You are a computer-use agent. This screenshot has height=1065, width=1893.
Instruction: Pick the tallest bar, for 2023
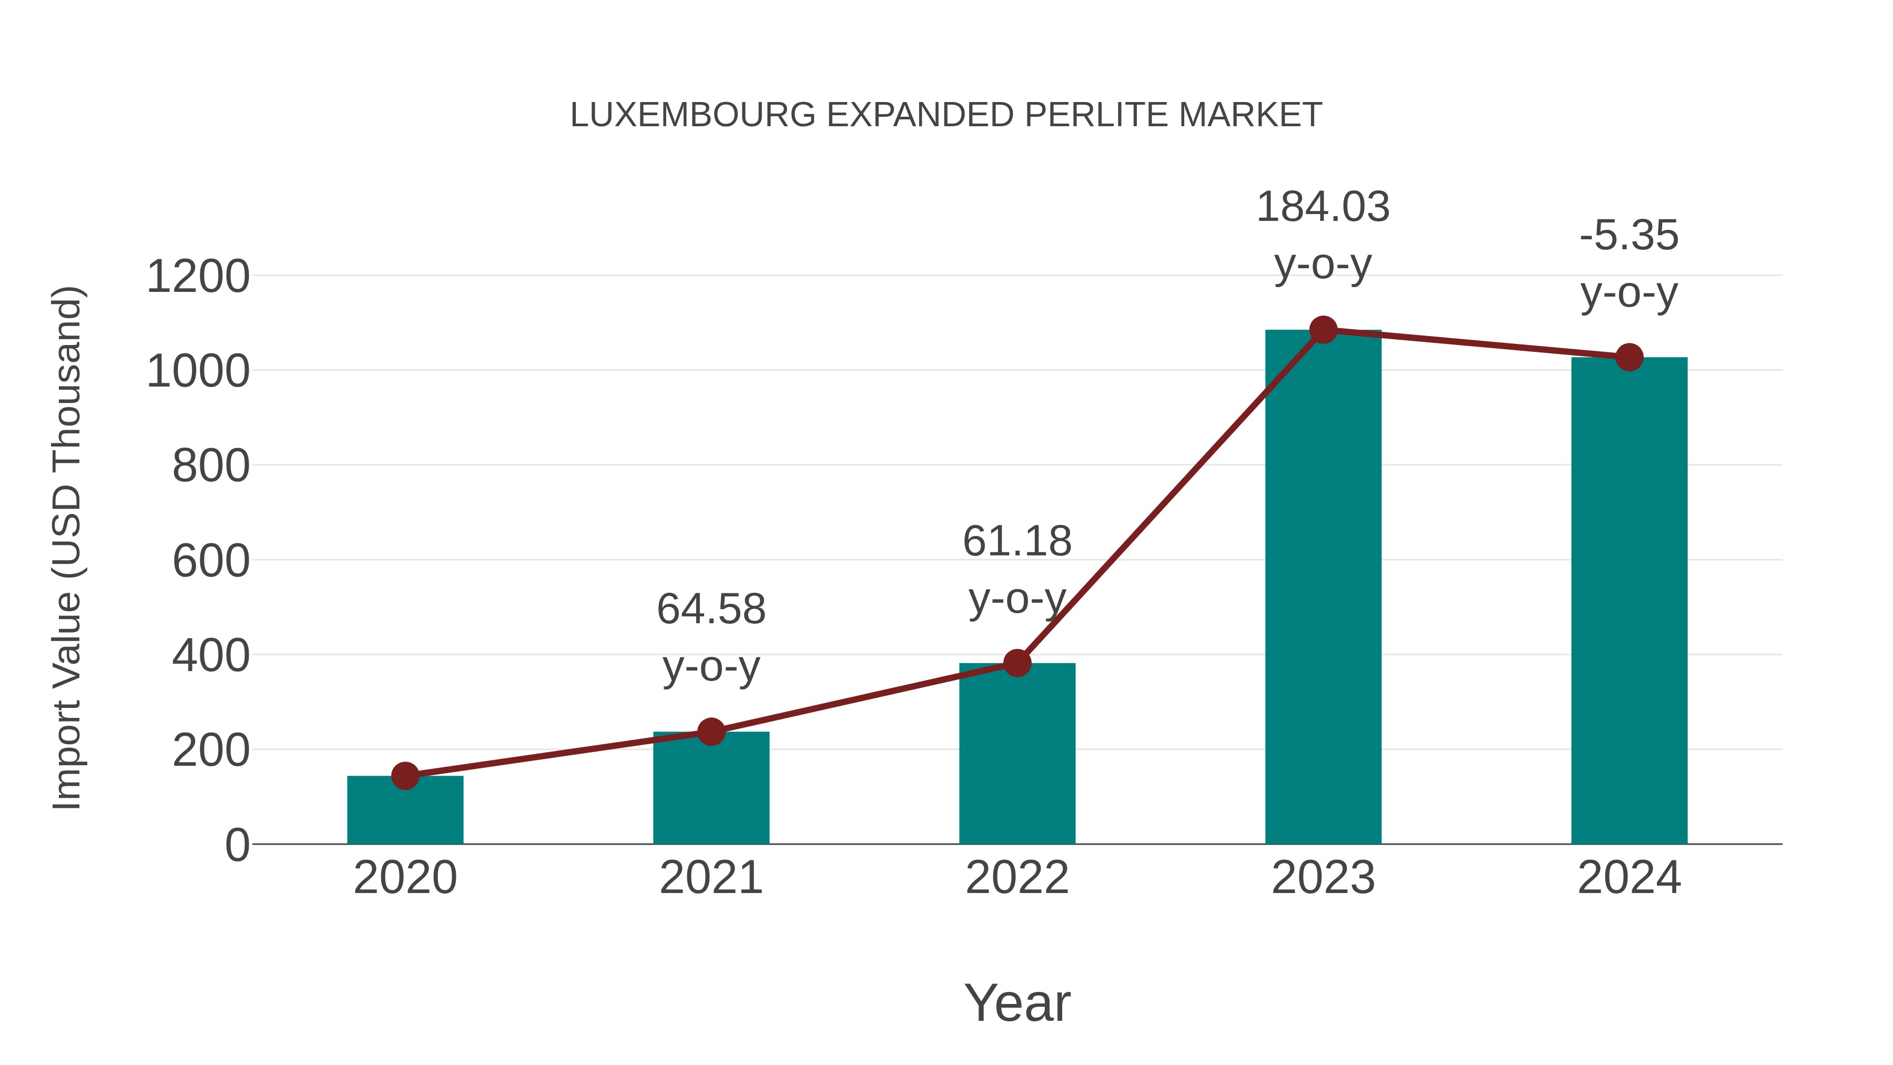coord(1323,588)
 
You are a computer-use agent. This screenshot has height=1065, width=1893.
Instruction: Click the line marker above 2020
coord(405,775)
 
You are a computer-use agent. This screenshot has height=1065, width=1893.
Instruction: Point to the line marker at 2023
coord(1323,330)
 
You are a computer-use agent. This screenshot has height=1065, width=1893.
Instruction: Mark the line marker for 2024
coord(1629,357)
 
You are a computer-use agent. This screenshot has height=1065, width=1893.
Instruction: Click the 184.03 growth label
coord(1323,207)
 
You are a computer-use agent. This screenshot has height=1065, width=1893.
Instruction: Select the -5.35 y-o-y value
coord(1629,236)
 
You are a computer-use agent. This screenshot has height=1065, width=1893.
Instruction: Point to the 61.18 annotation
coord(1017,542)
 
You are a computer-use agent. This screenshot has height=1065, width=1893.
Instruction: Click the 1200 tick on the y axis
coord(198,277)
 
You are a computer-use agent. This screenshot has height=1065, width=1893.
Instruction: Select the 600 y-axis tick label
coord(211,562)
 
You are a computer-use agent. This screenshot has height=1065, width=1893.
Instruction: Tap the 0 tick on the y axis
coord(237,845)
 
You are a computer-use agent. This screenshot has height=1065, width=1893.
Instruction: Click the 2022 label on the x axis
coord(1017,878)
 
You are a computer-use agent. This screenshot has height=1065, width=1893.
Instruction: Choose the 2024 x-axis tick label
coord(1629,878)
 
